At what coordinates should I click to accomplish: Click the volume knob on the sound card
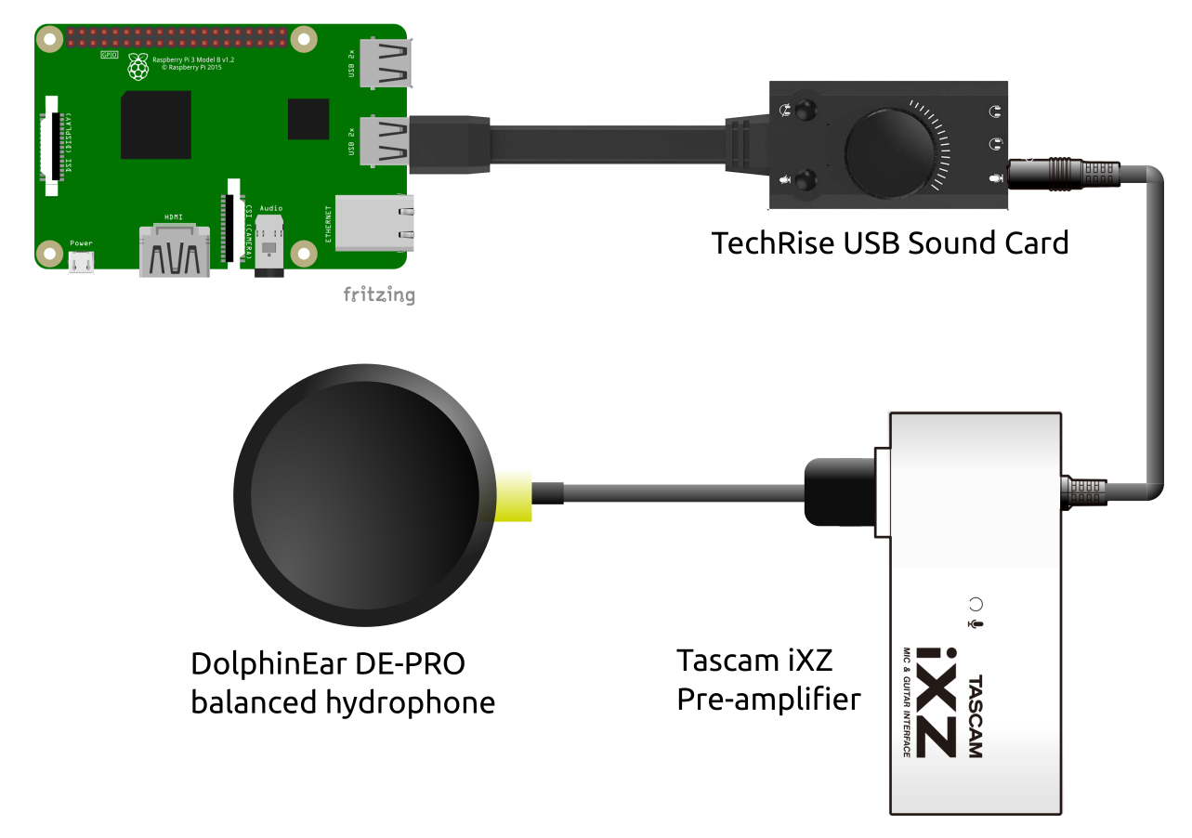click(890, 150)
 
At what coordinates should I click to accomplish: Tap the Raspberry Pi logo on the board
click(138, 66)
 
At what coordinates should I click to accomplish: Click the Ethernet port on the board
click(374, 223)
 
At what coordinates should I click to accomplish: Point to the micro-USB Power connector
click(82, 262)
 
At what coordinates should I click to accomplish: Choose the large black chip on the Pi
click(155, 125)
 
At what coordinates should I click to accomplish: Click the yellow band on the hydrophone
click(515, 495)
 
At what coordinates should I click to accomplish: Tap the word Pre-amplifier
click(768, 699)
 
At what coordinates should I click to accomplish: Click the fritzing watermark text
click(379, 295)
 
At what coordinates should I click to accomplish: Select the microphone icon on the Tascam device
click(975, 623)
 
